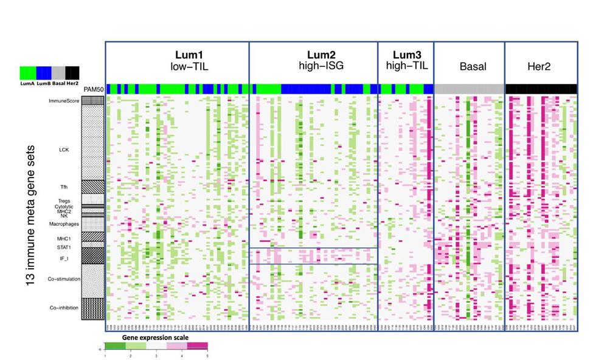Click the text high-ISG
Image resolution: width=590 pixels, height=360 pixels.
pyautogui.click(x=313, y=66)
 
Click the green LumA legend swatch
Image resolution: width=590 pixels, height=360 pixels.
pyautogui.click(x=27, y=72)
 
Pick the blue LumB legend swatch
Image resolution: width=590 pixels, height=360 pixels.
pyautogui.click(x=43, y=72)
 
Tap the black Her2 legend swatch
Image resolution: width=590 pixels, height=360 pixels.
pyautogui.click(x=72, y=72)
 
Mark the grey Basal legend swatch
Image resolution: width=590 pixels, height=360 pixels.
pyautogui.click(x=58, y=72)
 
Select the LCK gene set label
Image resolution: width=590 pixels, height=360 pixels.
pyautogui.click(x=64, y=148)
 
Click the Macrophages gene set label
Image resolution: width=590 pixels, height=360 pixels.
pyautogui.click(x=64, y=224)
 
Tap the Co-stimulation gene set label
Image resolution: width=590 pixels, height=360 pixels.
pyautogui.click(x=64, y=279)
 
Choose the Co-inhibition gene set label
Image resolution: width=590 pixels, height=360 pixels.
pyautogui.click(x=64, y=308)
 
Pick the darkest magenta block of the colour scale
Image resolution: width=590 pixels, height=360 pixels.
pyautogui.click(x=197, y=346)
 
